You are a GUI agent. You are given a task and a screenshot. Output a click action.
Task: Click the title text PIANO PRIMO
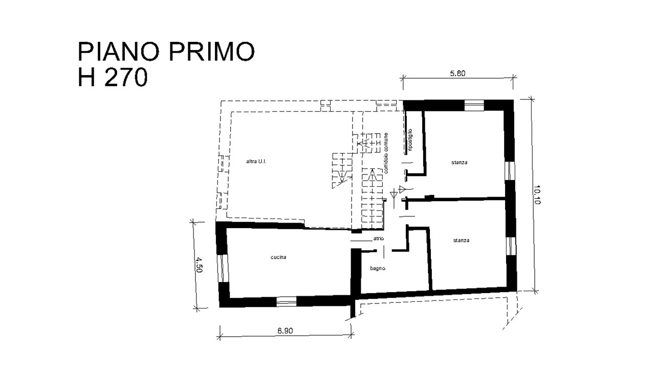click(x=166, y=52)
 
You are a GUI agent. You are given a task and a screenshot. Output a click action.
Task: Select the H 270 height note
click(x=113, y=77)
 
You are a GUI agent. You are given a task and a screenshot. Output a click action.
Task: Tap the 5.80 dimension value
click(x=457, y=73)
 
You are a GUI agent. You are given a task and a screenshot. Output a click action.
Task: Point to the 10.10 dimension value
click(x=537, y=195)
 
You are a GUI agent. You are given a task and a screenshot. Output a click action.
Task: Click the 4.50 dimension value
click(x=199, y=265)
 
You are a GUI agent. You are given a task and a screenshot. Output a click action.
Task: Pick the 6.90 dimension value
click(x=285, y=331)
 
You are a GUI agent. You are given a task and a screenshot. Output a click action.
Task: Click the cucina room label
click(x=278, y=257)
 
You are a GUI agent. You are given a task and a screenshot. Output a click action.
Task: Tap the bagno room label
click(x=378, y=269)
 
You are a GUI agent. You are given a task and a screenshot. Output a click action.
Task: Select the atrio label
click(x=379, y=238)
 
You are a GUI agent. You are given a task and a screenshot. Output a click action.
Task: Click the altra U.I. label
click(x=256, y=161)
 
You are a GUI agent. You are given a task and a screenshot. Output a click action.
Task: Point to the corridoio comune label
click(x=386, y=153)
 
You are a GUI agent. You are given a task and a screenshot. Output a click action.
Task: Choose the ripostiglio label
click(x=410, y=140)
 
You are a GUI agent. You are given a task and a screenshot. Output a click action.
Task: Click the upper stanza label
click(x=459, y=162)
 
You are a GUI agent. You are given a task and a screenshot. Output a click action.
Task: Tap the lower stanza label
click(x=461, y=240)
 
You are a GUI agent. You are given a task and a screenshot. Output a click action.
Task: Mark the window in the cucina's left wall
click(x=224, y=268)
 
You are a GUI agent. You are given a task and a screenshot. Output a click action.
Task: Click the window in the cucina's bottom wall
click(x=286, y=301)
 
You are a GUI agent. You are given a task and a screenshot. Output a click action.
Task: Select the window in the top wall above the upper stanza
click(x=474, y=105)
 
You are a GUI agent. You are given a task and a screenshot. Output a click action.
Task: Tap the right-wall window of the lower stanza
click(x=511, y=246)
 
